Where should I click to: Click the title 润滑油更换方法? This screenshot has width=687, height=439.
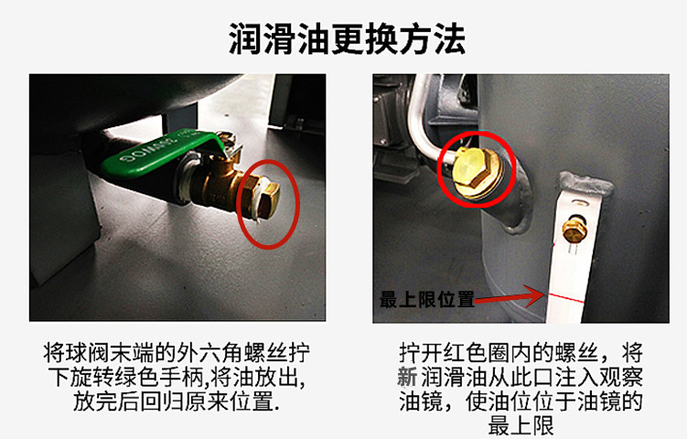click(x=347, y=39)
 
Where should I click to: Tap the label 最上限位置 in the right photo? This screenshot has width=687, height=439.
click(x=427, y=300)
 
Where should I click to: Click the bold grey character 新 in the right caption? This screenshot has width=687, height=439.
click(x=408, y=377)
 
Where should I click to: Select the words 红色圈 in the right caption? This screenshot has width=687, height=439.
click(x=478, y=353)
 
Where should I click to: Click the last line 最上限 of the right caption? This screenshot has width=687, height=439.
click(x=521, y=425)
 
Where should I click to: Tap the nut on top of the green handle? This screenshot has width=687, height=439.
click(x=227, y=140)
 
